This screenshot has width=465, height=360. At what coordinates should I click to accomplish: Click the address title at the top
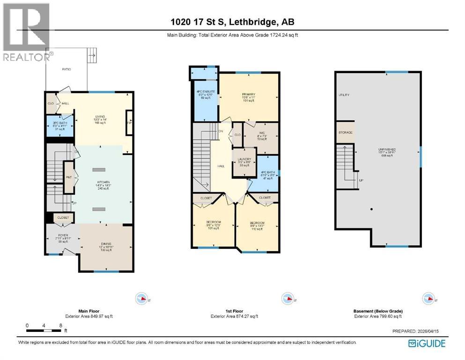[232, 22]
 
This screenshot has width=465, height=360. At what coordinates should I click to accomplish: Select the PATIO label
[66, 69]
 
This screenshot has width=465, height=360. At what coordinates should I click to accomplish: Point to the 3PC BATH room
[60, 126]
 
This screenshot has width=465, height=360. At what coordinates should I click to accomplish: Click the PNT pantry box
[69, 177]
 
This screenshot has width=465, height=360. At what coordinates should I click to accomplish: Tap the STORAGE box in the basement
[345, 133]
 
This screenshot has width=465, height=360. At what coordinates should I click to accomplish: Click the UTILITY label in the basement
[344, 95]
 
